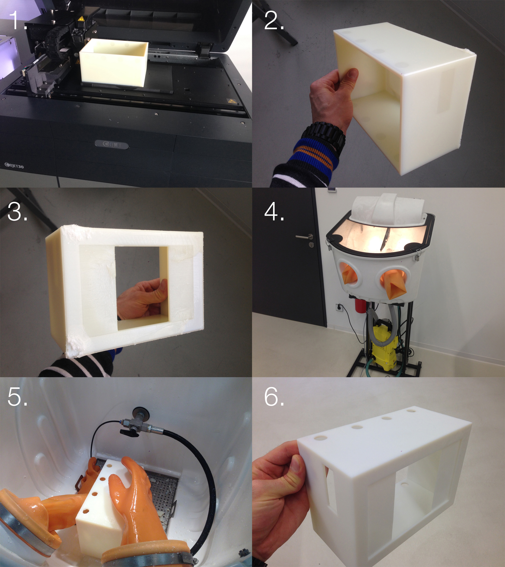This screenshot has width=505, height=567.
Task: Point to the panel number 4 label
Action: (274, 211)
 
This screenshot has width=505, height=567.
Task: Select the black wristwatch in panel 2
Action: (325, 138)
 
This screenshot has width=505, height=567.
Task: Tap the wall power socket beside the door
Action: (339, 307)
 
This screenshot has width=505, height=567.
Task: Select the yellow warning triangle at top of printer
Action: (81, 19)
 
